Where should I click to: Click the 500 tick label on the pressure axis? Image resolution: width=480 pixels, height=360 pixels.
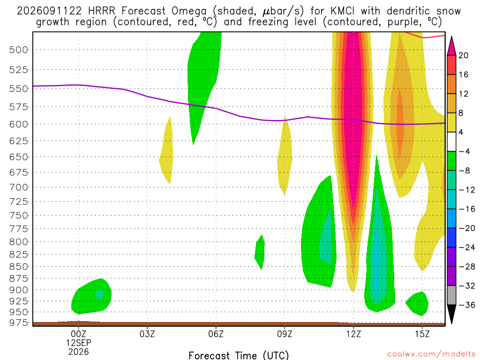pyautogui.click(x=18, y=50)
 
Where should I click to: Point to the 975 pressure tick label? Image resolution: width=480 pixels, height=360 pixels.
pyautogui.click(x=18, y=323)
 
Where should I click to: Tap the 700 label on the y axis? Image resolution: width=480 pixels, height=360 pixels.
pyautogui.click(x=18, y=187)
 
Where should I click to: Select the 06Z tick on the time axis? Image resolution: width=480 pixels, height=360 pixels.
pyautogui.click(x=216, y=334)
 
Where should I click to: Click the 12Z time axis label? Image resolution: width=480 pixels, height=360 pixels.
pyautogui.click(x=353, y=334)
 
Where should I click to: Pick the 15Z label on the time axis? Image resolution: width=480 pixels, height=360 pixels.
pyautogui.click(x=422, y=334)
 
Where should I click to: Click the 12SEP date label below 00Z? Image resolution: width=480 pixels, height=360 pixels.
pyautogui.click(x=79, y=343)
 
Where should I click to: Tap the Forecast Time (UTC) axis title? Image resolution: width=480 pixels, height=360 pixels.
pyautogui.click(x=239, y=355)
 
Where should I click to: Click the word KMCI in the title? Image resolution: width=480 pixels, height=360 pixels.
pyautogui.click(x=343, y=11)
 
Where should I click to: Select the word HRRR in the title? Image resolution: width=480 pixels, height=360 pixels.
pyautogui.click(x=102, y=11)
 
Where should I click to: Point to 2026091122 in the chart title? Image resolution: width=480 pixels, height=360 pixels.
pyautogui.click(x=49, y=11)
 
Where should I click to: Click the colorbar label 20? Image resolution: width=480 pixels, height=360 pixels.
pyautogui.click(x=463, y=55)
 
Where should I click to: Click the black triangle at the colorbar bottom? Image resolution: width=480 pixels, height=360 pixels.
pyautogui.click(x=451, y=314)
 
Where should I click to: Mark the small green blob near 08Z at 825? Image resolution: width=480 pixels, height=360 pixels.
pyautogui.click(x=260, y=252)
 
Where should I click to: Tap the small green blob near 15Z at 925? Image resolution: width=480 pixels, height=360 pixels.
pyautogui.click(x=417, y=303)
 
